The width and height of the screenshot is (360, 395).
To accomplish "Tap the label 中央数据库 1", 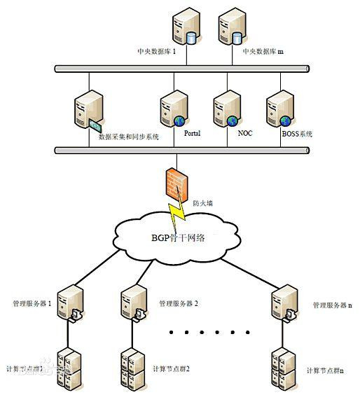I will pos(156,52).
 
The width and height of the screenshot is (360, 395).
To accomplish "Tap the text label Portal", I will pos(193,132).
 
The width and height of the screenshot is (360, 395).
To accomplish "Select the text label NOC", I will pos(246,132).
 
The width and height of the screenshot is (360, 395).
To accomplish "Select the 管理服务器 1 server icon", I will pos(70,303).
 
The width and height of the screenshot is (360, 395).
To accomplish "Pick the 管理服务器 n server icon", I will pos(284,303).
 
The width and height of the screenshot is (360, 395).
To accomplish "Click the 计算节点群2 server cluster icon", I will pos(132,368).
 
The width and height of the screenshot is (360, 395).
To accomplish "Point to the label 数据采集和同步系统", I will pos(130,137).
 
